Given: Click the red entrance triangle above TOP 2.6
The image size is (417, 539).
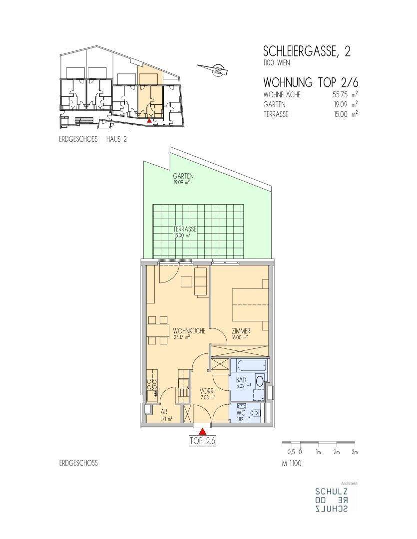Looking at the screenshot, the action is (x=203, y=431).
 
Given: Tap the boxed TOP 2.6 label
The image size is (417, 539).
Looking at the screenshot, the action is (x=203, y=441).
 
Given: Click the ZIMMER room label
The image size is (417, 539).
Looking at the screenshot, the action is (x=241, y=331).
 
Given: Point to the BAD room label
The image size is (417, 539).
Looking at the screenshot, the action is (x=241, y=380).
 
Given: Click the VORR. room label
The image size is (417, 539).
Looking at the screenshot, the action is (x=207, y=391).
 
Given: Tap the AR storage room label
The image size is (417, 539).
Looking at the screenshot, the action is (x=164, y=411).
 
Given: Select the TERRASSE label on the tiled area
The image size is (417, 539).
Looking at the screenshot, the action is (x=185, y=229).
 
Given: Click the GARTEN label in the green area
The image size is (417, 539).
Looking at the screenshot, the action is (x=183, y=176).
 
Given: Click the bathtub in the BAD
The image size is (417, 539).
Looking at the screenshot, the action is (x=249, y=365).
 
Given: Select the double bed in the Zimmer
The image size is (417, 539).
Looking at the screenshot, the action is (x=250, y=304).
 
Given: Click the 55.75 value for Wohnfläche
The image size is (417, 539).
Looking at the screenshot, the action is (x=340, y=94).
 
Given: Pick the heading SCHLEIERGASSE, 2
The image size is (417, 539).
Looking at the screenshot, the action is (x=307, y=51).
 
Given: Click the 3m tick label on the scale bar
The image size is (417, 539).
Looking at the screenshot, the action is (x=355, y=452).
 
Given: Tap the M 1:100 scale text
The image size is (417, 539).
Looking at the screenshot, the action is (x=292, y=463).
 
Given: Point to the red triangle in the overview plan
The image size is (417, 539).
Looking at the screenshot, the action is (x=149, y=121).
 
